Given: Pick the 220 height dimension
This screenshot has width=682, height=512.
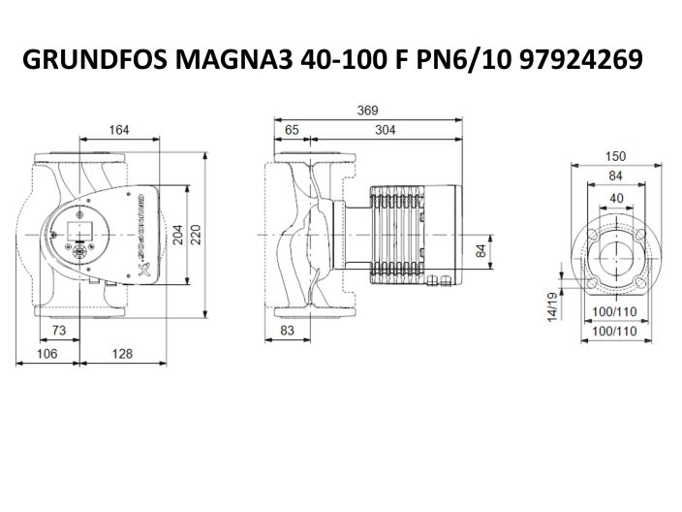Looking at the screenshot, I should click(x=199, y=234).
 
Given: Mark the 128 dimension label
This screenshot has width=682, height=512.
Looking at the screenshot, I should click(x=120, y=354).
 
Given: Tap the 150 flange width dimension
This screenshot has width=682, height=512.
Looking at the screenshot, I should click(x=616, y=156).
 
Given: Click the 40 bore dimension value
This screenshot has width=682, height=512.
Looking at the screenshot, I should click(x=616, y=197).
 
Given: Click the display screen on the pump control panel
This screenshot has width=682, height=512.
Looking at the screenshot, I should click(x=77, y=233).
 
